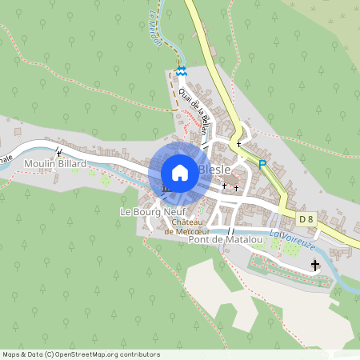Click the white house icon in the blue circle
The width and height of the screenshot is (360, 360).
[180, 172]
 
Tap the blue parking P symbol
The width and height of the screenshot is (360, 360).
[262, 165]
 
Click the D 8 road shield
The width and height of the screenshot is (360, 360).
[306, 218]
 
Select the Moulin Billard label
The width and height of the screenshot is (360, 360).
[54, 165]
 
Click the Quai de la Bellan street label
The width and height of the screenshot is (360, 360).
[194, 110]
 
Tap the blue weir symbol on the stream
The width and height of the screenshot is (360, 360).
[182, 71]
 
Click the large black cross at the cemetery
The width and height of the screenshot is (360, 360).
[315, 266]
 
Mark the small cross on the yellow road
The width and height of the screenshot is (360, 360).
[238, 145]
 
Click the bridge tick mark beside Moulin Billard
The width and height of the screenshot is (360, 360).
[58, 151]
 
